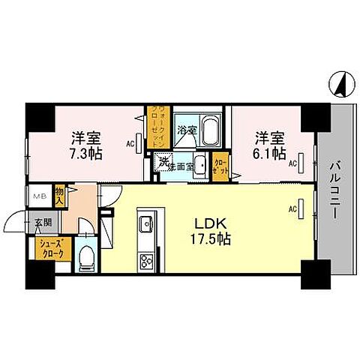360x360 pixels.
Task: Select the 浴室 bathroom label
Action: click(x=187, y=130)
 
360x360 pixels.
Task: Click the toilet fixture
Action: click(x=86, y=256)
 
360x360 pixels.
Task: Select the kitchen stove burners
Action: click(x=145, y=262)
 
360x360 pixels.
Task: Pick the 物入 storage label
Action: click(x=60, y=196)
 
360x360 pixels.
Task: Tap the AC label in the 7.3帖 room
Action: click(x=130, y=144)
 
